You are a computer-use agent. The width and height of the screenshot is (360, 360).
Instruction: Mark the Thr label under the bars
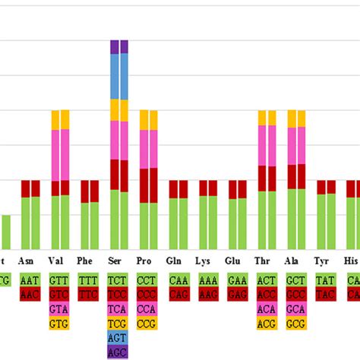[x=266, y=261]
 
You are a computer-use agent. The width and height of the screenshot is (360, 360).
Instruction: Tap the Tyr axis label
[x=325, y=261]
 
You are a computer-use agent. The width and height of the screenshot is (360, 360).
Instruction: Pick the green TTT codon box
[x=89, y=280]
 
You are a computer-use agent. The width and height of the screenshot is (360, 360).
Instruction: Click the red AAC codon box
[x=30, y=295]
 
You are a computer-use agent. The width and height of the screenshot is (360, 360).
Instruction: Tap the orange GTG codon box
[x=59, y=324]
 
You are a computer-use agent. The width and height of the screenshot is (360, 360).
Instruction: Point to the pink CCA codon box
[x=148, y=309]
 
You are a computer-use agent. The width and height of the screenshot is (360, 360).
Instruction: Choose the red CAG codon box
[x=178, y=295]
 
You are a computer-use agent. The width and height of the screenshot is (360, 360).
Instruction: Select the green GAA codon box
[x=237, y=280]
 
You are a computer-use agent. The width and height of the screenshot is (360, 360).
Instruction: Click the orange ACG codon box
[x=266, y=324]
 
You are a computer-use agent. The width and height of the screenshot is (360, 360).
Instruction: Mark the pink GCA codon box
[x=295, y=309]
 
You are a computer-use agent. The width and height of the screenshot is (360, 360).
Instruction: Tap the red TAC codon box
[x=325, y=295]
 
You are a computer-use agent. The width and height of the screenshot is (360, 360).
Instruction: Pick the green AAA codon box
[x=207, y=280]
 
